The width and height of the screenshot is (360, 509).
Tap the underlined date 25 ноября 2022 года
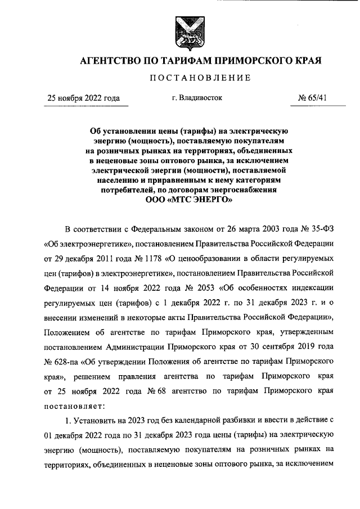[84, 98]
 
